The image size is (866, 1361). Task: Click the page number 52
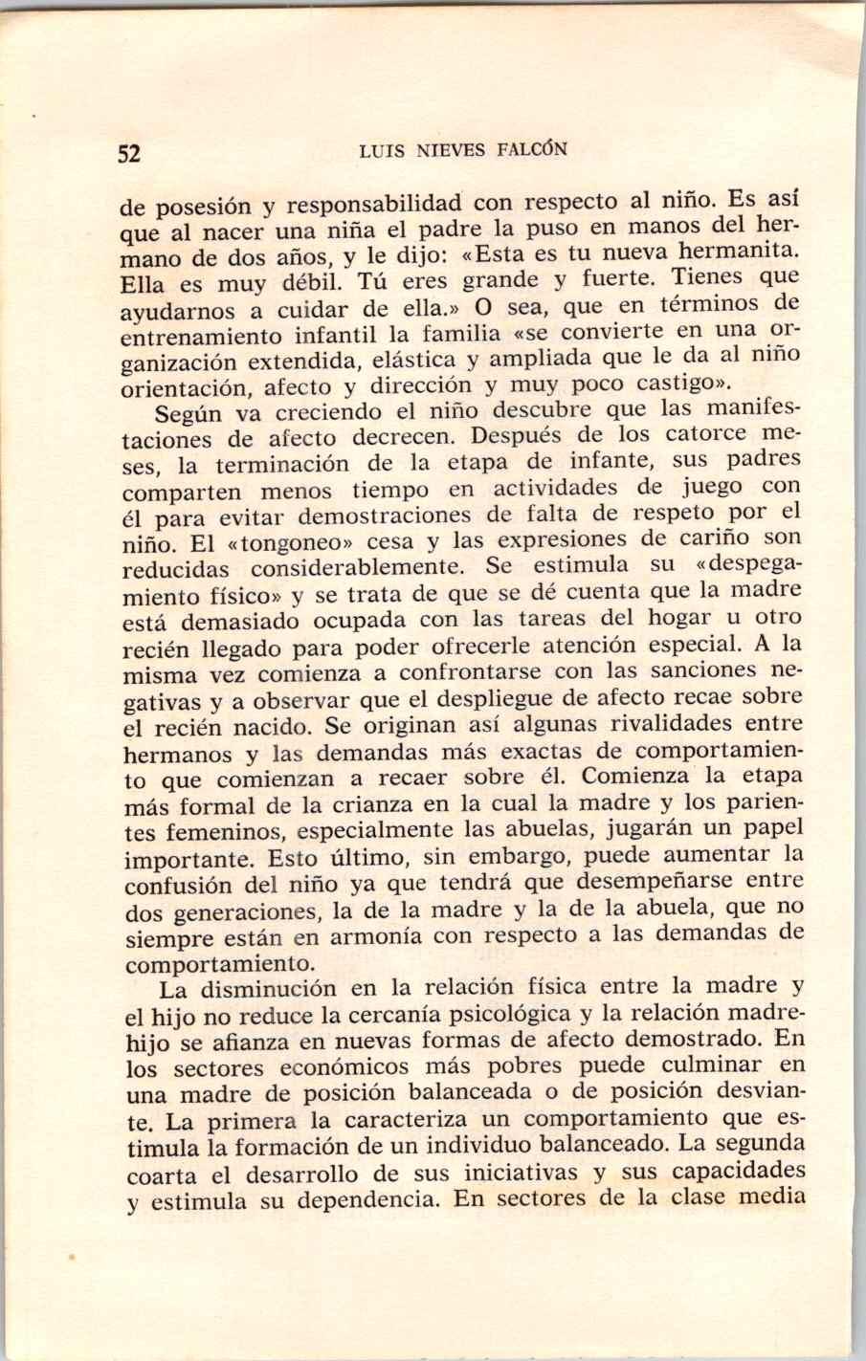[x=129, y=153]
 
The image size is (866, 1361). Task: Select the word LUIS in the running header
[x=380, y=150]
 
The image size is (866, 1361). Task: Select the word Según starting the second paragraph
[x=189, y=413]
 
